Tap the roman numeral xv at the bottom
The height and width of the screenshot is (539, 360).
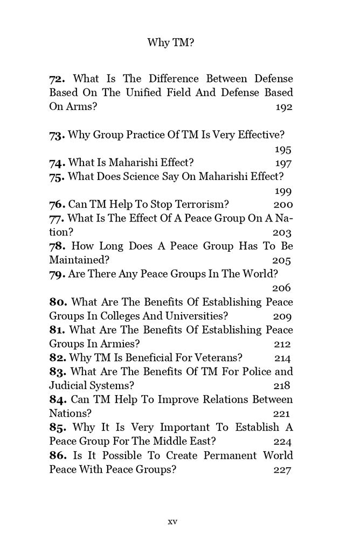click(x=172, y=521)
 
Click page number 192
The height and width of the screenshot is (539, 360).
click(x=283, y=107)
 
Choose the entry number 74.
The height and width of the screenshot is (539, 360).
click(x=58, y=163)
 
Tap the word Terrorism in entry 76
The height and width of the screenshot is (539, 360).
click(x=200, y=205)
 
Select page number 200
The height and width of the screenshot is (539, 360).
click(x=283, y=205)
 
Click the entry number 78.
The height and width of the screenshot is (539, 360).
click(x=58, y=247)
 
